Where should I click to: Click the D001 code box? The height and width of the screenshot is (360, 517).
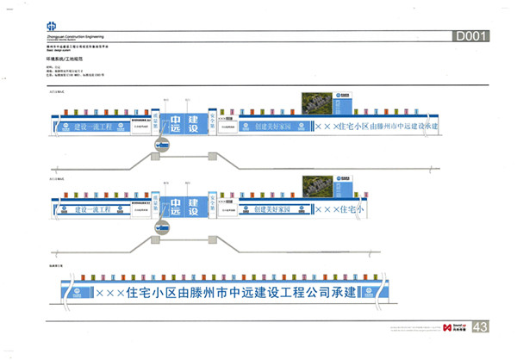point(471,36)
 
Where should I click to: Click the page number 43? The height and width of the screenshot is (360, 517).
point(481,326)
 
